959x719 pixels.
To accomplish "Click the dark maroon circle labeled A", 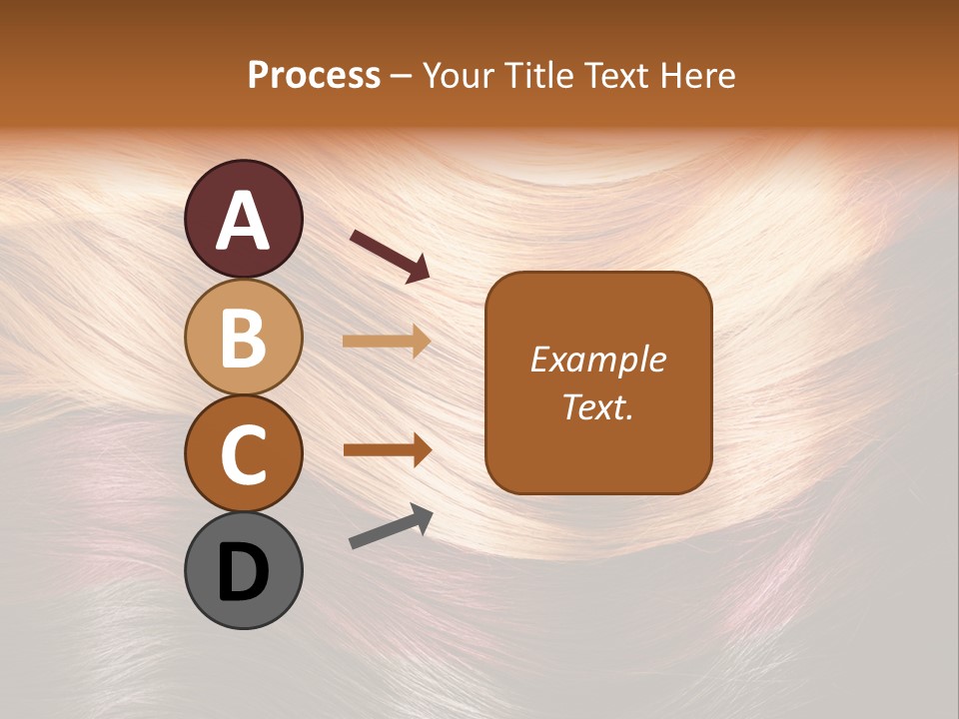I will [244, 219].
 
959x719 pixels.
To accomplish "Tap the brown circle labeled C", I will [244, 453].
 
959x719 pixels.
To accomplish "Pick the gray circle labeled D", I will [244, 570].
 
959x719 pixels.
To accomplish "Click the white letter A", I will [244, 221].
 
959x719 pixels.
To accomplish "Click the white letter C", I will [244, 454].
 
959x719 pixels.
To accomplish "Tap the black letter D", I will [244, 573].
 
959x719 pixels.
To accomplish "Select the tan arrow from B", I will [387, 341].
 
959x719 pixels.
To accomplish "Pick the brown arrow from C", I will [387, 449].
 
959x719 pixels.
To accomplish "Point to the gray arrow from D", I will [391, 525].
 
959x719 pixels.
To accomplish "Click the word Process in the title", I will [314, 76].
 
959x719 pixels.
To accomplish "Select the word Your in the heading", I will [459, 76].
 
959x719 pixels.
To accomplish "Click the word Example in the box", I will [597, 359].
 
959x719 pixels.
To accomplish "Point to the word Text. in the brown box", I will [597, 406].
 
